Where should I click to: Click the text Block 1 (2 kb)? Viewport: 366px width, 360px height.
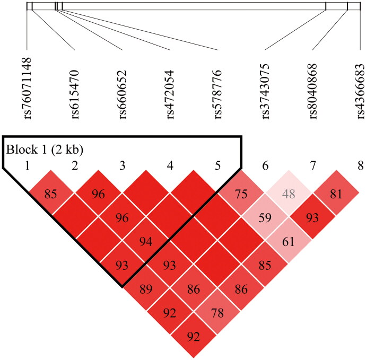click(45, 149)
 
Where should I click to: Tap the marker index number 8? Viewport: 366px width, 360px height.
click(361, 166)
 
